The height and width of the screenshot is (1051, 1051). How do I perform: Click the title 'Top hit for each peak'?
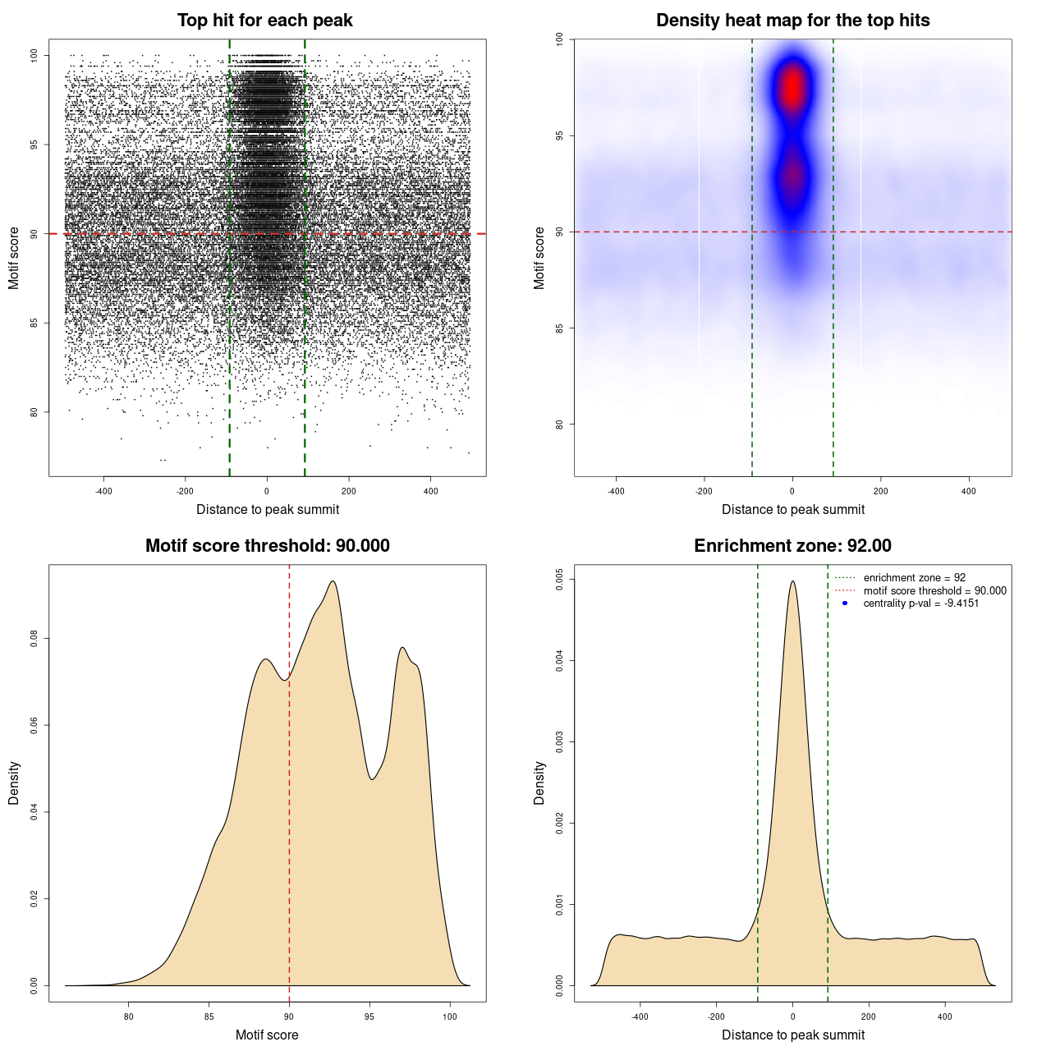[264, 21]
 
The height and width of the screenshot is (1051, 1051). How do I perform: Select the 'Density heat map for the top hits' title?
[792, 21]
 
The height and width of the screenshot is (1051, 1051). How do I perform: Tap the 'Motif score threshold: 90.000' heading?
[267, 546]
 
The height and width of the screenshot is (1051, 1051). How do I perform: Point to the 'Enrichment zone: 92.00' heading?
[792, 546]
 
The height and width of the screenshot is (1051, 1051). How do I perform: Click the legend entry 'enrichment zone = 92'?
[914, 578]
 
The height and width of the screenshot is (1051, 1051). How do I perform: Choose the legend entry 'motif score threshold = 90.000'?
[934, 591]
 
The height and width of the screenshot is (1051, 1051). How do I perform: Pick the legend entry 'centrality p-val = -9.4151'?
[920, 604]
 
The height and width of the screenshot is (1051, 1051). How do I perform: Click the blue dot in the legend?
[845, 604]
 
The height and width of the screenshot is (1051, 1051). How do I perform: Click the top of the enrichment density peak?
[792, 582]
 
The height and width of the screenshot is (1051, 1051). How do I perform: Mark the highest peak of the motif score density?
[333, 581]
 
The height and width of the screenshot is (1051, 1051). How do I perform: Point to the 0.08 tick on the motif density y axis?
[34, 639]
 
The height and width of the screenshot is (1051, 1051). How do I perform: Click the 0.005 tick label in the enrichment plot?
[559, 579]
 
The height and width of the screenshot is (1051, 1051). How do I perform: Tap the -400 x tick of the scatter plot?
[103, 492]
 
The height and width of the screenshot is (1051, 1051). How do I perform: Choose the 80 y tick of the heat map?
[559, 425]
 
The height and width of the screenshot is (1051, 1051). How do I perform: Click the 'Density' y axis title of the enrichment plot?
[539, 783]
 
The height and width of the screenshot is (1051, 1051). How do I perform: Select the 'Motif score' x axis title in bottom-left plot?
[267, 1035]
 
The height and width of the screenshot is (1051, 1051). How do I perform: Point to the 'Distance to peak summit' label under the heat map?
[792, 509]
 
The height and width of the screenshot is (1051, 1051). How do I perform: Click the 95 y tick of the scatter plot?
[34, 145]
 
